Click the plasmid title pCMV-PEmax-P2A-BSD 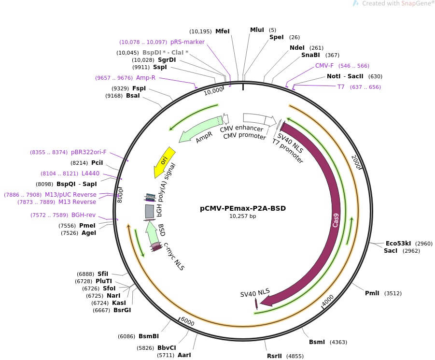[243, 208]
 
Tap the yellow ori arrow [164, 162]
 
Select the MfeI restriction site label [223, 31]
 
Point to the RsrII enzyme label [274, 356]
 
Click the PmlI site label [372, 293]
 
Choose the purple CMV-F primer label [324, 66]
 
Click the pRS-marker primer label [187, 42]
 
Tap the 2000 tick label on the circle [356, 162]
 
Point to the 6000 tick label [187, 321]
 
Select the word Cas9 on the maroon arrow [336, 220]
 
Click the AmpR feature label [204, 137]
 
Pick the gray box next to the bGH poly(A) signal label [150, 212]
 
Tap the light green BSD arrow [152, 232]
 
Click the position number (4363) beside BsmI [338, 342]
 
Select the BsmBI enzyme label [149, 336]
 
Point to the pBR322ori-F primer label [89, 152]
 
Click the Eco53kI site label [398, 244]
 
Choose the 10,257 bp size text [243, 216]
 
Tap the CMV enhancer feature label [241, 128]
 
